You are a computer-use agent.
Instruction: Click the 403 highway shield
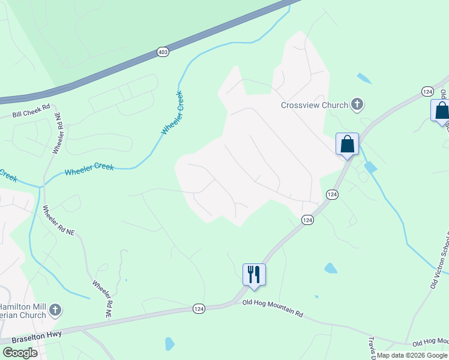163,52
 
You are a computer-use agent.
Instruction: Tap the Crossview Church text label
315,105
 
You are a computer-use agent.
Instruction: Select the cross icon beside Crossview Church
357,105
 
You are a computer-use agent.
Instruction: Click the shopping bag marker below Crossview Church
347,145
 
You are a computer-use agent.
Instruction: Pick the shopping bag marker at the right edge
441,111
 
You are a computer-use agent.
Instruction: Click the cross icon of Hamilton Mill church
55,310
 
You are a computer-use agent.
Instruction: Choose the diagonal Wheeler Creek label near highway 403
172,112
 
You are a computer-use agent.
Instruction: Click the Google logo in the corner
20,353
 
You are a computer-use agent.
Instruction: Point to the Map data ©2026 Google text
412,355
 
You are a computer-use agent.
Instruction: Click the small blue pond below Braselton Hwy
169,344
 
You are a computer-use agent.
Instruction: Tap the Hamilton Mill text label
24,306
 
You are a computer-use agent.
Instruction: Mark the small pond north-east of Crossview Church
364,78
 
